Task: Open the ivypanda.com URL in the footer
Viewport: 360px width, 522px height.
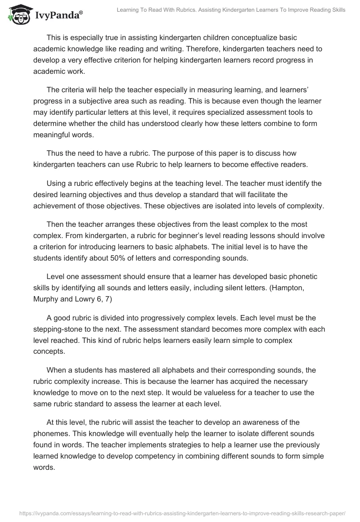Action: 180,513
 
